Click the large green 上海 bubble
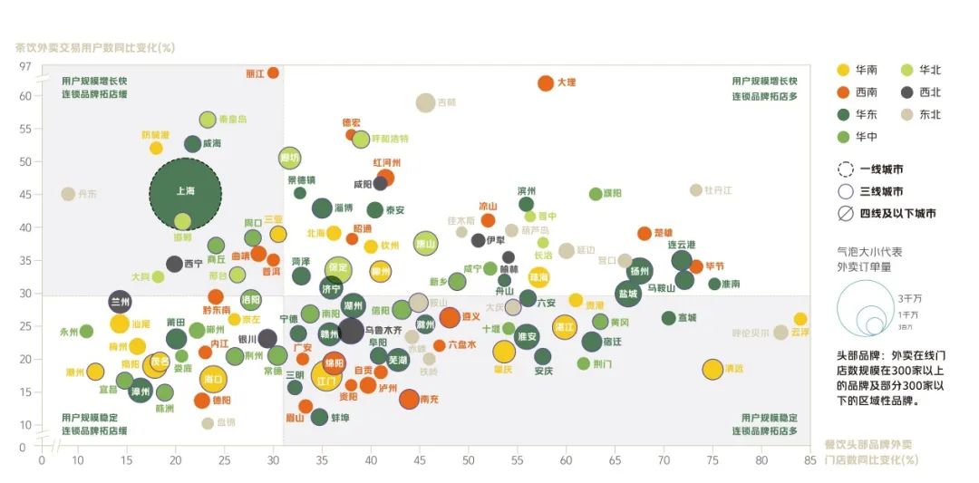(185, 191)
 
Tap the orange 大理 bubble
(546, 82)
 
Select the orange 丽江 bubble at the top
(273, 72)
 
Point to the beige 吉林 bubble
(425, 102)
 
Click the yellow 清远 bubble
(712, 369)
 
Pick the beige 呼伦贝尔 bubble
(780, 333)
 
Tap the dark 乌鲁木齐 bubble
(351, 331)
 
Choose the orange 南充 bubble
(409, 398)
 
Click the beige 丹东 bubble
(67, 194)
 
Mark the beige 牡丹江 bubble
(695, 190)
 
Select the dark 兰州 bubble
(120, 302)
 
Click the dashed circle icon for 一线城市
(846, 169)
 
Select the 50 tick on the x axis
(469, 459)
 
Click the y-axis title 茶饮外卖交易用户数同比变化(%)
(95, 48)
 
